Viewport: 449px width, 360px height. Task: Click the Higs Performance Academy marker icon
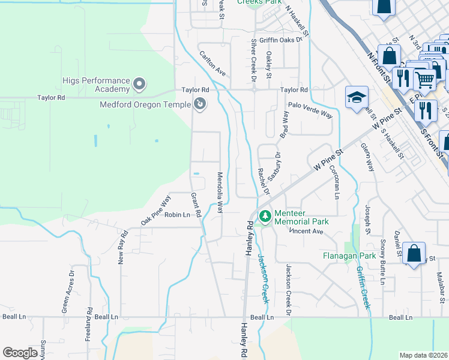(x=139, y=83)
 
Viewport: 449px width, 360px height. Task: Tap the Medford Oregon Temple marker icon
(x=200, y=105)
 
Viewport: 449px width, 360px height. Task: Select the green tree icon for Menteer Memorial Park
(x=263, y=215)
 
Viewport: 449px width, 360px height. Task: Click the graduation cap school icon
(x=357, y=97)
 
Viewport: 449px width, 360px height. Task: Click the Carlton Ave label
(x=212, y=63)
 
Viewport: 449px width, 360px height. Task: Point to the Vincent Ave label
(x=306, y=231)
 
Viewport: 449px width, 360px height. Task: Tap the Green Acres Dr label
(x=68, y=292)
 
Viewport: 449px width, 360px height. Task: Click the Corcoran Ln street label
(x=334, y=184)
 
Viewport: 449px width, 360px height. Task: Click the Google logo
(x=20, y=352)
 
